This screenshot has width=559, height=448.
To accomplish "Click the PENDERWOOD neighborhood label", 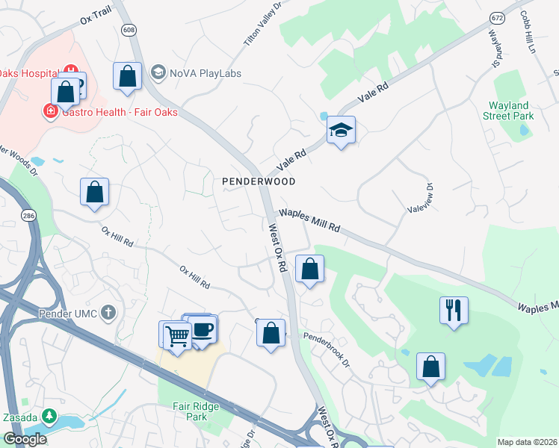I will coord(259,181).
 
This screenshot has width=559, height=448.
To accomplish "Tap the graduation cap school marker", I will coord(341,131).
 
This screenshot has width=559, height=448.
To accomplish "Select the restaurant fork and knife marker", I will coord(454,309).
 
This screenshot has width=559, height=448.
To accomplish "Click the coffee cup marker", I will coord(202,329).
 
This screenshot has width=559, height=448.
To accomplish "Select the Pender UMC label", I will coord(76,314).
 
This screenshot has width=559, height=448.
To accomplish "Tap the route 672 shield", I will coord(497,16).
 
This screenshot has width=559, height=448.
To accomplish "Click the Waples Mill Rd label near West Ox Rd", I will coord(309,222).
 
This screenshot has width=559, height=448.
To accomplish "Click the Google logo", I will coord(25,439).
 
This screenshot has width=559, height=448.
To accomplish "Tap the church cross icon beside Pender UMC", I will coord(109,313).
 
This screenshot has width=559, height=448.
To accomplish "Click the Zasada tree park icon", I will coord(49,415).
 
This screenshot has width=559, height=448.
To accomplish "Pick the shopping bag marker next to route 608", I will coord(127,75).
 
